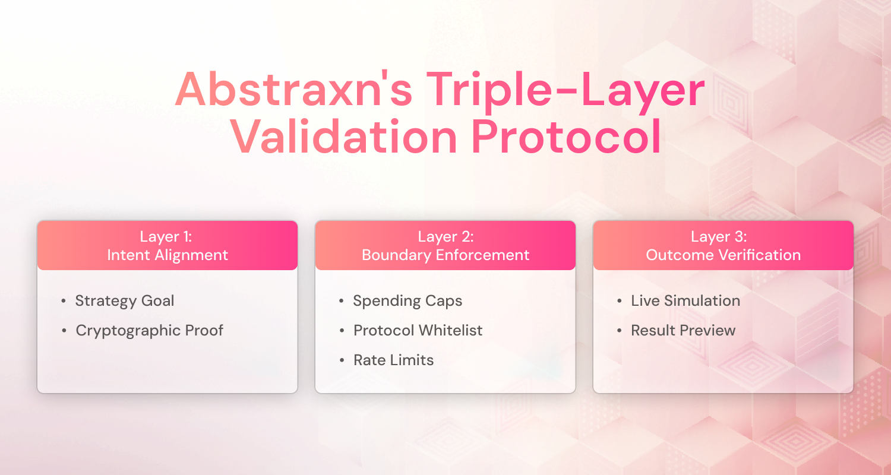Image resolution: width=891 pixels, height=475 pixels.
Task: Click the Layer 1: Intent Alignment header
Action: tap(167, 246)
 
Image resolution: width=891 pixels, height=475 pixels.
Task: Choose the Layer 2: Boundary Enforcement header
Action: tap(445, 246)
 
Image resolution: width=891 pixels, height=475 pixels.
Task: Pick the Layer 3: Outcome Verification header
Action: tap(723, 246)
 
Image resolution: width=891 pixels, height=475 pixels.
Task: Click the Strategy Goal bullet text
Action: tap(125, 300)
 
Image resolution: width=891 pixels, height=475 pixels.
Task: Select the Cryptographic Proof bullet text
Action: tap(149, 330)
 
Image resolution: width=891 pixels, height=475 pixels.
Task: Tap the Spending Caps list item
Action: tap(407, 300)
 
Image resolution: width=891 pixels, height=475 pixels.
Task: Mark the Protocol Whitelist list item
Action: tap(418, 330)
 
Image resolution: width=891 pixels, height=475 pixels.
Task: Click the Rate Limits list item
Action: tap(393, 360)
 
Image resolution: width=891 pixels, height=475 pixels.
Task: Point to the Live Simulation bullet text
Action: tap(685, 300)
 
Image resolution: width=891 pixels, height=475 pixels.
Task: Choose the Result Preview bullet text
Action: tap(683, 330)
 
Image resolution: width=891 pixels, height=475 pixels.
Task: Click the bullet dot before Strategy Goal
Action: tap(64, 301)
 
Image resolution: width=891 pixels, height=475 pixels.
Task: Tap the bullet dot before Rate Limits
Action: tap(342, 360)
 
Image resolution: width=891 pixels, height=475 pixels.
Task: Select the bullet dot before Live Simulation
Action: tap(620, 301)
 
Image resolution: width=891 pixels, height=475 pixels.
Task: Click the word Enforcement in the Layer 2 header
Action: tap(482, 255)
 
